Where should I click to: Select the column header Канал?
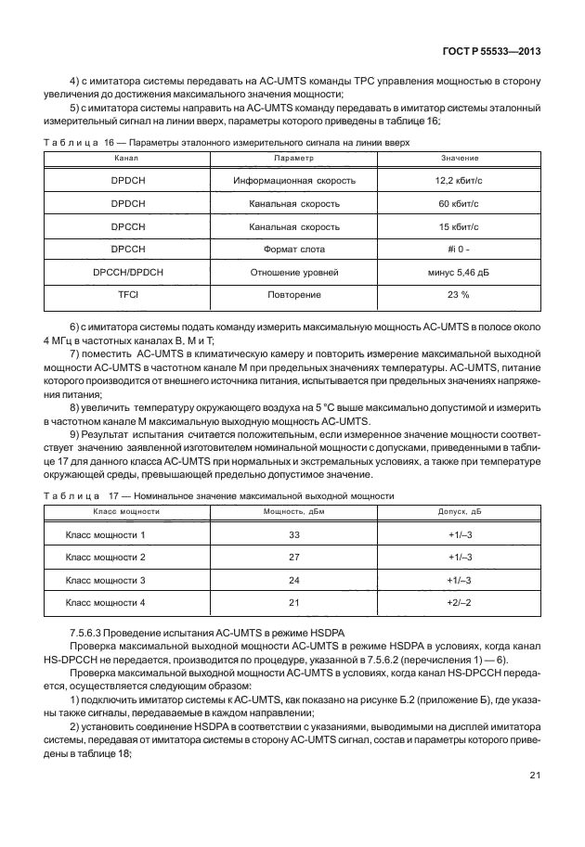124,159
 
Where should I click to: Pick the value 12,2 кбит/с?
455,180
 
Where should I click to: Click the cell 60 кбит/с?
455,203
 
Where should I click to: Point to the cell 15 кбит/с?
455,226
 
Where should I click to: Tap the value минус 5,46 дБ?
455,273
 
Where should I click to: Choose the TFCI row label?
124,295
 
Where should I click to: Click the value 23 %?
455,295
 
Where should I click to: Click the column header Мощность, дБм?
293,511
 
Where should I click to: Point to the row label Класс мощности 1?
106,535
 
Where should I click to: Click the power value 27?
294,558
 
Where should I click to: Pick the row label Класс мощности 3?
106,581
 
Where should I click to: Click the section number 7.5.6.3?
91,633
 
